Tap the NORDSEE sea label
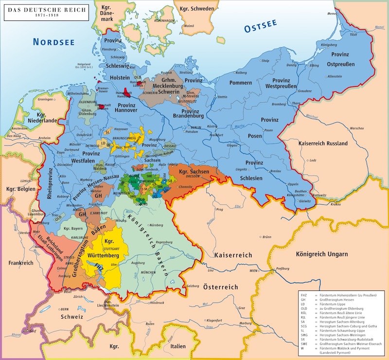coord(53,42)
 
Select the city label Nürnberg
coord(156,225)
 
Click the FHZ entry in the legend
coord(303,295)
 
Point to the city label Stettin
coord(222,97)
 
